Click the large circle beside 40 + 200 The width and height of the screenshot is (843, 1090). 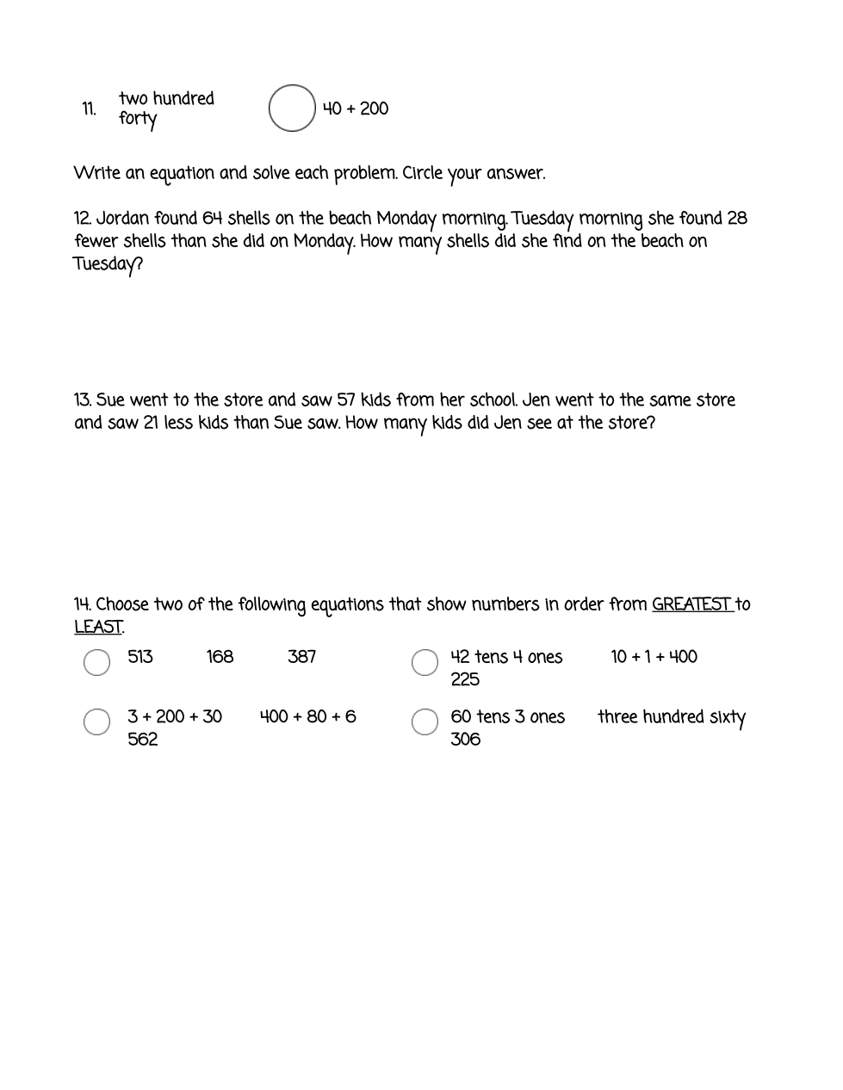pyautogui.click(x=292, y=108)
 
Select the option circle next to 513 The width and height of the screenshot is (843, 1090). pyautogui.click(x=96, y=662)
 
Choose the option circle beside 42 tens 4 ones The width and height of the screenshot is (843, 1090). pyautogui.click(x=425, y=662)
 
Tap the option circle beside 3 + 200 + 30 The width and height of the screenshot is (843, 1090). pyautogui.click(x=96, y=722)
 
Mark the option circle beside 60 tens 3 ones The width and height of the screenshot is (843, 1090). pyautogui.click(x=425, y=722)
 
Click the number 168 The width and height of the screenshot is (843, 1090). pyautogui.click(x=220, y=657)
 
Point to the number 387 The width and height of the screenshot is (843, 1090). pyautogui.click(x=301, y=657)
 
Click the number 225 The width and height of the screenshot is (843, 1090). pyautogui.click(x=465, y=679)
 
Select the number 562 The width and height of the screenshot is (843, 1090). pyautogui.click(x=143, y=740)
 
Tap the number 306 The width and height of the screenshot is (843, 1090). pyautogui.click(x=465, y=740)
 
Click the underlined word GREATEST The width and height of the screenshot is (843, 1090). pyautogui.click(x=691, y=604)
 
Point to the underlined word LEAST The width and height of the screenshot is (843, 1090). pyautogui.click(x=98, y=628)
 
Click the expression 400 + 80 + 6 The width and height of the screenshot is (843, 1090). pyautogui.click(x=307, y=716)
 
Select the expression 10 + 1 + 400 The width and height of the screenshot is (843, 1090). pyautogui.click(x=654, y=657)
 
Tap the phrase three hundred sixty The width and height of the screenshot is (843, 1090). pyautogui.click(x=672, y=717)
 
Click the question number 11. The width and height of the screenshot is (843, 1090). pyautogui.click(x=89, y=109)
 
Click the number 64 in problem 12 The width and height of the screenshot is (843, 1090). pyautogui.click(x=212, y=219)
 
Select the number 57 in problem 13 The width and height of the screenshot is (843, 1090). pyautogui.click(x=345, y=400)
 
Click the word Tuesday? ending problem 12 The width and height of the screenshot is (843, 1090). pyautogui.click(x=108, y=264)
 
